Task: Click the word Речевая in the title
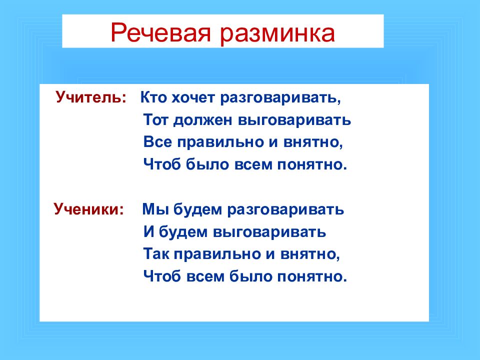[x=160, y=32]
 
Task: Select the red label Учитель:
[x=91, y=97]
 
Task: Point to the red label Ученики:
[x=89, y=209]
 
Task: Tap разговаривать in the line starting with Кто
[x=280, y=98]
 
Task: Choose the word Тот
[x=155, y=119]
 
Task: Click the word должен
[x=202, y=120]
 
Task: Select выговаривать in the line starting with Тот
[x=294, y=120]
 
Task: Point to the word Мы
[x=155, y=209]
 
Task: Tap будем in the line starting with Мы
[x=198, y=209]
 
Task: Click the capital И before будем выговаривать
[x=148, y=231]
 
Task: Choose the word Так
[x=156, y=254]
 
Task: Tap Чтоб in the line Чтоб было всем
[x=162, y=164]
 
